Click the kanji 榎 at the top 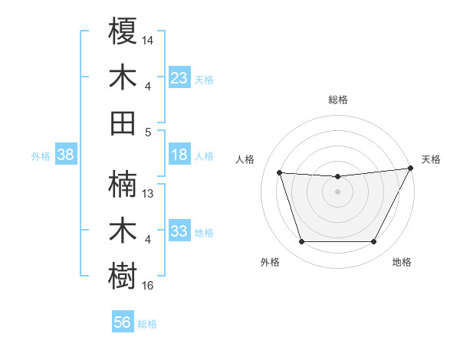(x=123, y=33)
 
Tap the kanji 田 (x=123, y=123)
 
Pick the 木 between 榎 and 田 (x=123, y=78)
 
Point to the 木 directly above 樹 (x=123, y=231)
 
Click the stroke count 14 (x=148, y=39)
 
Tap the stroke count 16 (x=148, y=286)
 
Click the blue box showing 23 (x=179, y=78)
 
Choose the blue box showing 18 (x=179, y=155)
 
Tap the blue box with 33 (x=179, y=231)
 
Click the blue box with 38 (x=66, y=155)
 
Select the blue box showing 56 (x=123, y=322)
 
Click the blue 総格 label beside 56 (x=147, y=324)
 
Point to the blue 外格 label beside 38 (x=41, y=156)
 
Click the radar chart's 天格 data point (x=411, y=169)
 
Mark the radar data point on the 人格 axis (x=280, y=173)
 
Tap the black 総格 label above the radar (x=337, y=100)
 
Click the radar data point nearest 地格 (x=373, y=242)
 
